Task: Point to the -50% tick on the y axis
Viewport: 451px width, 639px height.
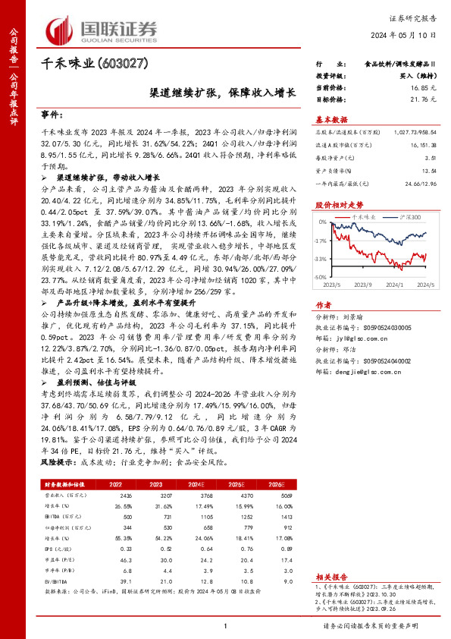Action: coord(321,278)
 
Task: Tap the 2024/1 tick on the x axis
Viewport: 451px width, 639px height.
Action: coord(393,285)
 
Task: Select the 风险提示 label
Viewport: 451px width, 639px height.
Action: coord(55,460)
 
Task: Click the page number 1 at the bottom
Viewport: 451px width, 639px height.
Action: coord(227,625)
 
